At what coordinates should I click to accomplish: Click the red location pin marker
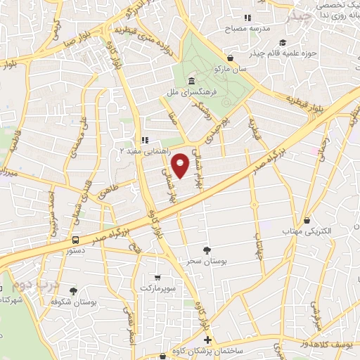click(181, 165)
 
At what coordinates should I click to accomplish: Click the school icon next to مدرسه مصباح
click(246, 18)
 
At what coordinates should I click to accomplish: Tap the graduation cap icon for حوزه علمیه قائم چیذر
click(281, 42)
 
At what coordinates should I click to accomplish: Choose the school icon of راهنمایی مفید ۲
click(146, 139)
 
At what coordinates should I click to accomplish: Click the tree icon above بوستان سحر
click(206, 249)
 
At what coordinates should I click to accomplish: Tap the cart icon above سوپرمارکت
click(157, 277)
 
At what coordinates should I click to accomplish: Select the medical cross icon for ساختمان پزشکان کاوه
click(207, 340)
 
